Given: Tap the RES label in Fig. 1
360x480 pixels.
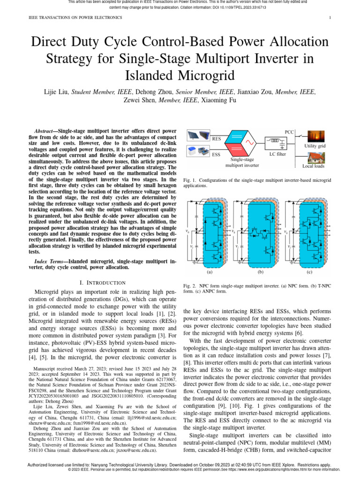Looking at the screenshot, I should (217, 139).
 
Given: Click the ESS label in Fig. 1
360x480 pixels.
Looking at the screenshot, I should (216, 154).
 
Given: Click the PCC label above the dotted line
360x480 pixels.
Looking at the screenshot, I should (290, 133).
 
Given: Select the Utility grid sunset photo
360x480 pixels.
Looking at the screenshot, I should (315, 137).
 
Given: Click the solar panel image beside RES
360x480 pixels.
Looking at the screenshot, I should (198, 136).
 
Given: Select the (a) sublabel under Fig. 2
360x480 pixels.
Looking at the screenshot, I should (210, 271).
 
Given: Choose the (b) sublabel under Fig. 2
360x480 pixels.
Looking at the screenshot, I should (260, 271).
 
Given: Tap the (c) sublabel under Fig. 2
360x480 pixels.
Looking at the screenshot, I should (309, 271).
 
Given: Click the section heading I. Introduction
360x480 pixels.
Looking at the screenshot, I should (103, 283).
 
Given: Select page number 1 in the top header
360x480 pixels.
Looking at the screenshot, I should (330, 18).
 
